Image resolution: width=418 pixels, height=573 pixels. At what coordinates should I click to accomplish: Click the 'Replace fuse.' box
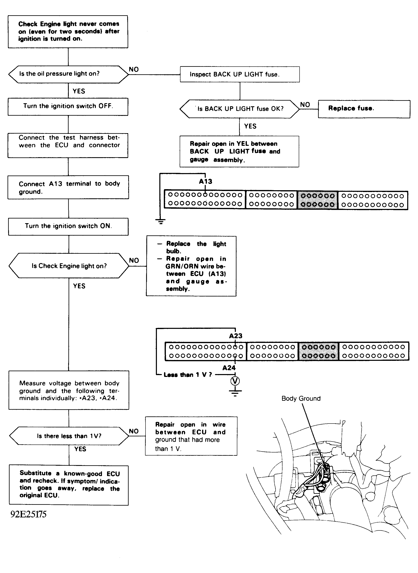(x=364, y=109)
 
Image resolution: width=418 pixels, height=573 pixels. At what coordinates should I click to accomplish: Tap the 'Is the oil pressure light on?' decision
(x=68, y=74)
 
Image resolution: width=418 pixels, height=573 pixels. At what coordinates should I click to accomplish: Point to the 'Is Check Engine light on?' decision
(x=69, y=266)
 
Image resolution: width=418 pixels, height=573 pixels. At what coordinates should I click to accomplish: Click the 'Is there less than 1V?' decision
(x=69, y=436)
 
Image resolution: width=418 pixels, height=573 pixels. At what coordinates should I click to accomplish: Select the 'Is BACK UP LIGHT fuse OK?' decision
(x=240, y=109)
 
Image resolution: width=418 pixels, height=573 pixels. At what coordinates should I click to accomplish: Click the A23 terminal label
(x=236, y=336)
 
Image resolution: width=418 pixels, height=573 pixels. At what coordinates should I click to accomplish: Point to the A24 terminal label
(x=229, y=368)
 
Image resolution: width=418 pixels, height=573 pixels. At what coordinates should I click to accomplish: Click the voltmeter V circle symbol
(x=235, y=381)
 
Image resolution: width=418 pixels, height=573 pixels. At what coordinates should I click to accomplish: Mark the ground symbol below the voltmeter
(x=235, y=392)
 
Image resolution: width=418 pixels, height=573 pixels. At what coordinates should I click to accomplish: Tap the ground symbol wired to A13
(x=160, y=221)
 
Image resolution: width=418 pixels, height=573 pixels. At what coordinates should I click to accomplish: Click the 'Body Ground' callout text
(x=301, y=398)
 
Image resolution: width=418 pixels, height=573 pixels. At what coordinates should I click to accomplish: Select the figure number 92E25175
(x=28, y=514)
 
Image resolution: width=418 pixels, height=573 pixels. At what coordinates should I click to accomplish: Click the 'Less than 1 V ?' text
(x=187, y=375)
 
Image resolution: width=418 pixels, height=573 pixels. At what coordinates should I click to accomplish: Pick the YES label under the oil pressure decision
(x=79, y=91)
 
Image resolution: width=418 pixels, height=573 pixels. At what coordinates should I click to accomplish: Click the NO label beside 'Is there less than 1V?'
(x=133, y=431)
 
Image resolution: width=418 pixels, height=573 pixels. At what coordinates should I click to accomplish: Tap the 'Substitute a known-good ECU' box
(x=69, y=485)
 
